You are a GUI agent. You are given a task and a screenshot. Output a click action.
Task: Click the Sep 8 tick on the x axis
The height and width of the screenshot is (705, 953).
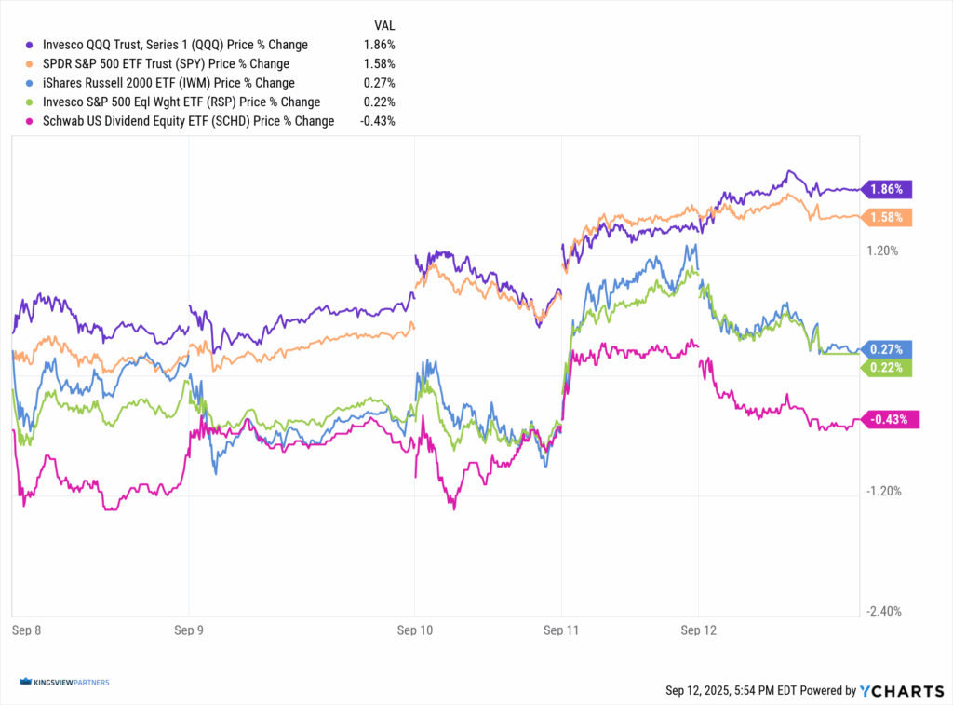pyautogui.click(x=25, y=630)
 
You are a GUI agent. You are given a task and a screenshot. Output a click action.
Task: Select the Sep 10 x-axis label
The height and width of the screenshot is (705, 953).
pyautogui.click(x=414, y=630)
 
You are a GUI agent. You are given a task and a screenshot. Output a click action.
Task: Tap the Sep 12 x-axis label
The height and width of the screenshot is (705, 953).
pyautogui.click(x=699, y=630)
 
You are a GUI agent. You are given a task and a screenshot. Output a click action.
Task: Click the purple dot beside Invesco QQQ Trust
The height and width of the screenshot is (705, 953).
pyautogui.click(x=30, y=45)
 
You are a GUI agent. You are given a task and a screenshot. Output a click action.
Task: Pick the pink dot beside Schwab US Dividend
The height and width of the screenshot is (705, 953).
pyautogui.click(x=30, y=121)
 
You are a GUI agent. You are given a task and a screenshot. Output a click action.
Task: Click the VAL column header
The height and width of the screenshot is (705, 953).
pyautogui.click(x=385, y=25)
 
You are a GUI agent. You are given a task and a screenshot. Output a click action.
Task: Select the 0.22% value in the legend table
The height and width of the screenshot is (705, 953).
pyautogui.click(x=381, y=102)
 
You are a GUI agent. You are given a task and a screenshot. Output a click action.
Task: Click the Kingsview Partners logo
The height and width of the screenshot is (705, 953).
pyautogui.click(x=63, y=683)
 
